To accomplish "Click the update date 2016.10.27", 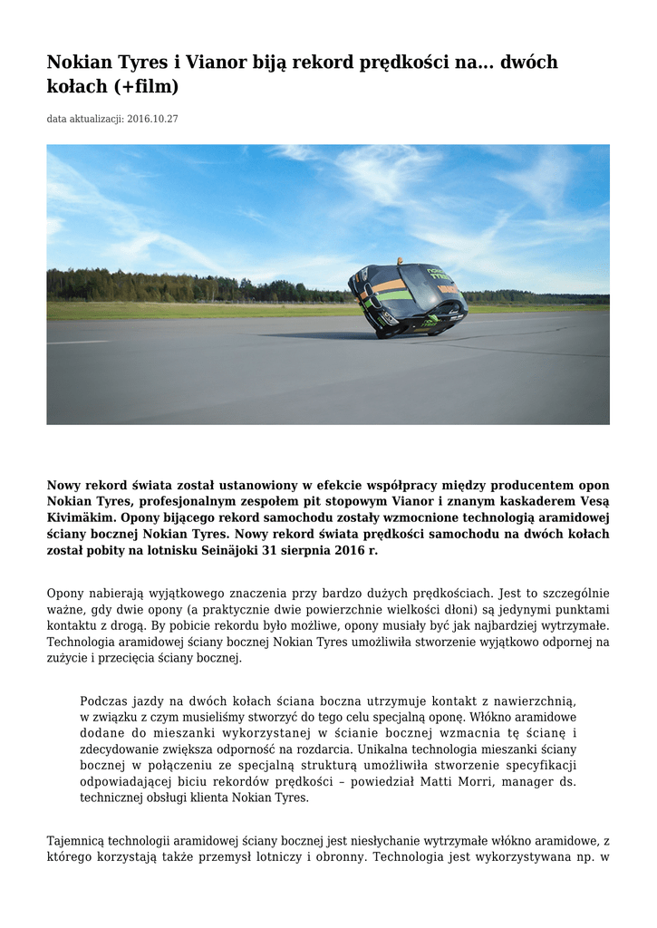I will coord(153,119).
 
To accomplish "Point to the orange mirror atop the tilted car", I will coord(400,261).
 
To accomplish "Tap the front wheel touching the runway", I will coord(382,333).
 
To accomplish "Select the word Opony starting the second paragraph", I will coord(65,594).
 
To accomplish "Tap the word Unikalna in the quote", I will coord(387,750).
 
